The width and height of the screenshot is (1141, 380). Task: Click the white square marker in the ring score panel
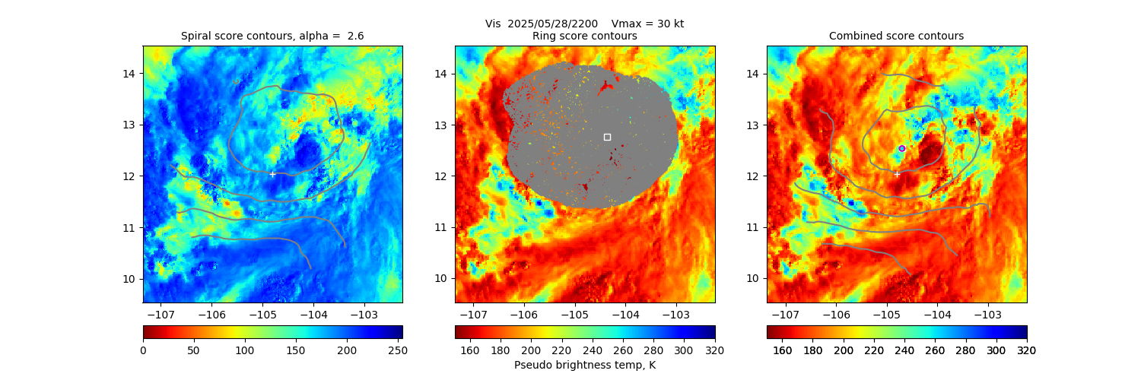[607, 137]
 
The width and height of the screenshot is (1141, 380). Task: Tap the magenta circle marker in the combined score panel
[901, 148]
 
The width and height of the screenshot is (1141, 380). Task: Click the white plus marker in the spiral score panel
[272, 174]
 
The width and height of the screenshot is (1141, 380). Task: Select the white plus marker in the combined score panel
[896, 174]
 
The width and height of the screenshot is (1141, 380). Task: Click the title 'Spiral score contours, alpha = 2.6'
[272, 36]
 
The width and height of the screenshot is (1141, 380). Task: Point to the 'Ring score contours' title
[584, 36]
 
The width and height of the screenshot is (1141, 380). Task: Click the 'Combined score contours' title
[896, 36]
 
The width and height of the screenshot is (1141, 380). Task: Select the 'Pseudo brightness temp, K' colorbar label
[584, 365]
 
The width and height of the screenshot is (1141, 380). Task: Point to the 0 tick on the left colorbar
[143, 350]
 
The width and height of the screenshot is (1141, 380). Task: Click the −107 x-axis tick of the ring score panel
[473, 314]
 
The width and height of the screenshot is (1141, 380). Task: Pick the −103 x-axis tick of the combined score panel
[987, 314]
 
